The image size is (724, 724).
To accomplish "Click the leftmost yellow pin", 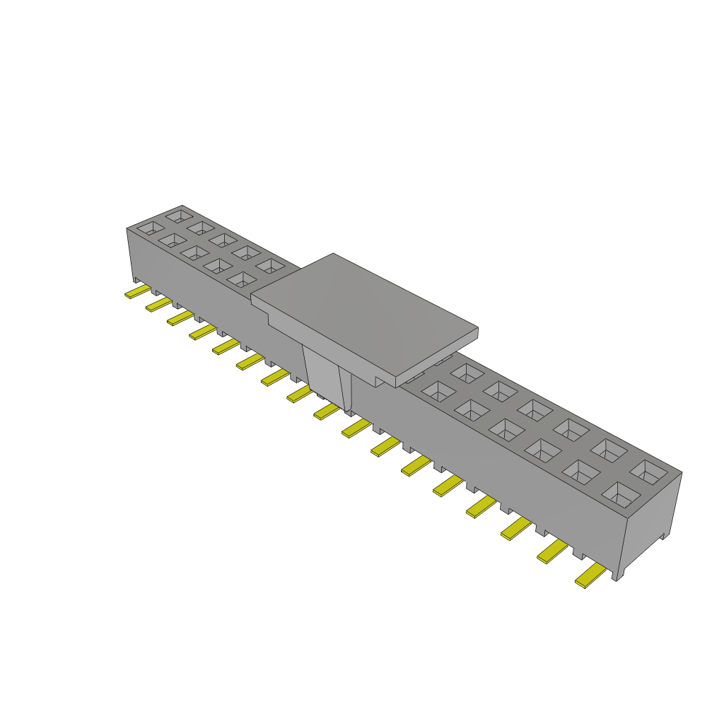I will (x=136, y=292).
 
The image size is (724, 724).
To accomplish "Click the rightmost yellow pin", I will (x=591, y=577).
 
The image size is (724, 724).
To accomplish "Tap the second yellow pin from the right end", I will (x=553, y=551).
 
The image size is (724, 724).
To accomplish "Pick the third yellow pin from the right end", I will (x=515, y=528).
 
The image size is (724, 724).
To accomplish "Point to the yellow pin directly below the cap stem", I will (x=326, y=411).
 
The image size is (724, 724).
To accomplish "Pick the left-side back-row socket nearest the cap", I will (x=269, y=266).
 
